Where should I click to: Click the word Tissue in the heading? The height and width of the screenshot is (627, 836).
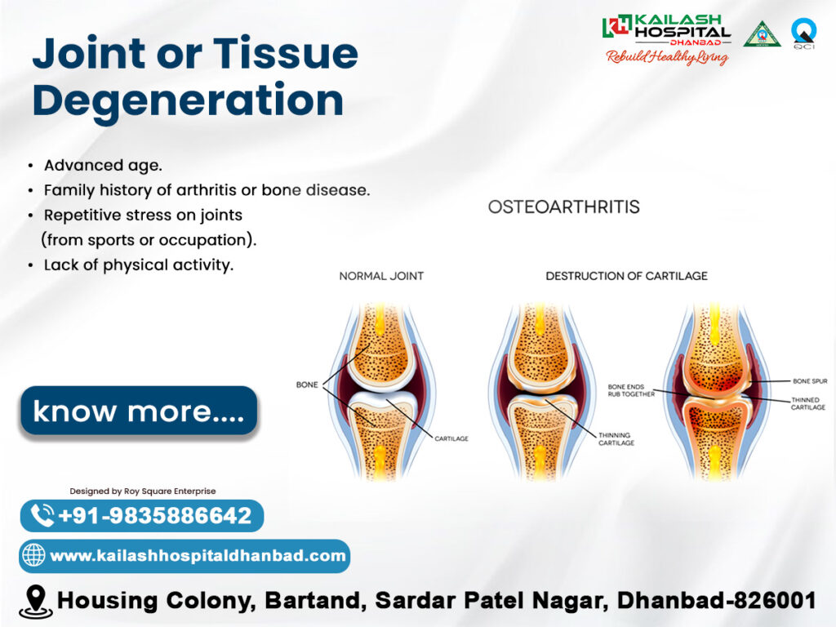pyautogui.click(x=286, y=53)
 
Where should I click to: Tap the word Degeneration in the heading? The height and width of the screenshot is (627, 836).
pyautogui.click(x=188, y=101)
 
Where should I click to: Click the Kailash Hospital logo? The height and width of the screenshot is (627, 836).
pyautogui.click(x=666, y=38)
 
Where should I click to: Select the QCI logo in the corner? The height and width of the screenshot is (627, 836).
pyautogui.click(x=803, y=33)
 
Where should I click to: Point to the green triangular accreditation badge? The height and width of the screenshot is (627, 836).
pyautogui.click(x=762, y=34)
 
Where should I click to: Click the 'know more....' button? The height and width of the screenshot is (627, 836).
pyautogui.click(x=139, y=411)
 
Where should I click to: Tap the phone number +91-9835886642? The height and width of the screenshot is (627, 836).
pyautogui.click(x=154, y=516)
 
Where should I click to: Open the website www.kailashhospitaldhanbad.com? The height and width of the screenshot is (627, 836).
pyautogui.click(x=198, y=555)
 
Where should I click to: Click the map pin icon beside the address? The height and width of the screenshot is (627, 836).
pyautogui.click(x=36, y=602)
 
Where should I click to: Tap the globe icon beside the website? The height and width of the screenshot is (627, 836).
pyautogui.click(x=33, y=555)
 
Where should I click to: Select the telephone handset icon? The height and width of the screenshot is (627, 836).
pyautogui.click(x=42, y=515)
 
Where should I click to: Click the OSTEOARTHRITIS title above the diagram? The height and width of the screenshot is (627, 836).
pyautogui.click(x=563, y=207)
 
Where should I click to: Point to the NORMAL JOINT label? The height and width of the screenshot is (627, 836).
pyautogui.click(x=381, y=276)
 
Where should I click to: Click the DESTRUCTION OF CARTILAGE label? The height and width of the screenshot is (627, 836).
pyautogui.click(x=626, y=276)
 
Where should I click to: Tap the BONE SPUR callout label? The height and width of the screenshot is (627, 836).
pyautogui.click(x=810, y=381)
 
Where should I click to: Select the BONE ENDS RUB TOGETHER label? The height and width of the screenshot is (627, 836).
pyautogui.click(x=631, y=390)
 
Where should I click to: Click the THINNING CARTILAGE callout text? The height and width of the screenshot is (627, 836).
pyautogui.click(x=616, y=438)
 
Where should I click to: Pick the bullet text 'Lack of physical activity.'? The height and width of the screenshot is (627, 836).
pyautogui.click(x=139, y=265)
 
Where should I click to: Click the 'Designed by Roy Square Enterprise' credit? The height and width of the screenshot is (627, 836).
pyautogui.click(x=143, y=491)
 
